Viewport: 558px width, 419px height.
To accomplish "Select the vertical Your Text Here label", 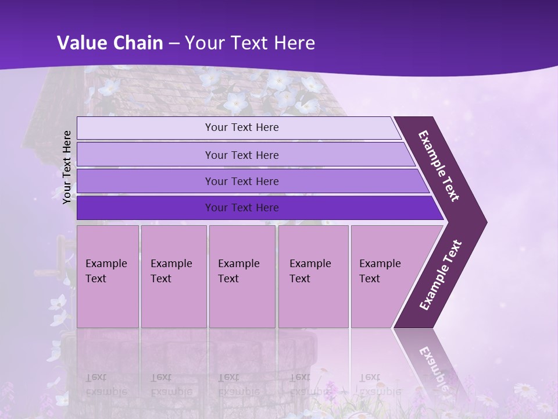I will (67, 167).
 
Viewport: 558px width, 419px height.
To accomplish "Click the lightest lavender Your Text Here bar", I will (241, 127).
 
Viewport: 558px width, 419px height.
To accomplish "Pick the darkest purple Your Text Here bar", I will (241, 208).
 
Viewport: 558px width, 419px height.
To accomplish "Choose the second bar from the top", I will (241, 155).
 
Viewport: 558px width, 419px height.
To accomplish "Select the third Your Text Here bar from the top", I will (241, 182).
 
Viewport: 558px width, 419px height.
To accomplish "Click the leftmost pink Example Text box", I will (108, 276).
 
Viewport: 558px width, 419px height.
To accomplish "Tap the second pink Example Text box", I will (173, 276).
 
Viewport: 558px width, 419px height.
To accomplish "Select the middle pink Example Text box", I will (242, 276).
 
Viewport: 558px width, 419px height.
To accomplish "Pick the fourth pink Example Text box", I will (313, 276).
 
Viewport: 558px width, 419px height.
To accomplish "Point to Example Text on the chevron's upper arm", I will (439, 166).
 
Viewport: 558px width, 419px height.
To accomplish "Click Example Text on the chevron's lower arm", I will (441, 275).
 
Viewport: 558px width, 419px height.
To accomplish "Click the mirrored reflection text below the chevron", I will (432, 367).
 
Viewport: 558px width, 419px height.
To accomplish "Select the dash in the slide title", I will (174, 44).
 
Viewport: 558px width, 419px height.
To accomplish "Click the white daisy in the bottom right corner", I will (524, 389).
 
